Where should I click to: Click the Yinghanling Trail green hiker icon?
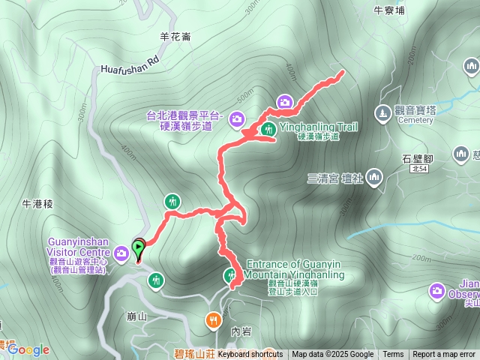[x=269, y=130]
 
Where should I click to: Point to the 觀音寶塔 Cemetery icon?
[x=382, y=112]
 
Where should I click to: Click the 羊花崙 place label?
[x=175, y=35]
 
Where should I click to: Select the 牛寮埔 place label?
[x=389, y=10]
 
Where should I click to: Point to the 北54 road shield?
[x=425, y=170]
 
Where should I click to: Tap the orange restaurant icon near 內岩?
[x=214, y=321]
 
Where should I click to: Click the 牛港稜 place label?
[x=37, y=203]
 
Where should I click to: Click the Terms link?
[x=393, y=355]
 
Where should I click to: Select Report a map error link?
[x=444, y=355]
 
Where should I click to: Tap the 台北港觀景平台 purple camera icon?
[x=237, y=118]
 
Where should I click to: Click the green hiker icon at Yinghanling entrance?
[x=229, y=276]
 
